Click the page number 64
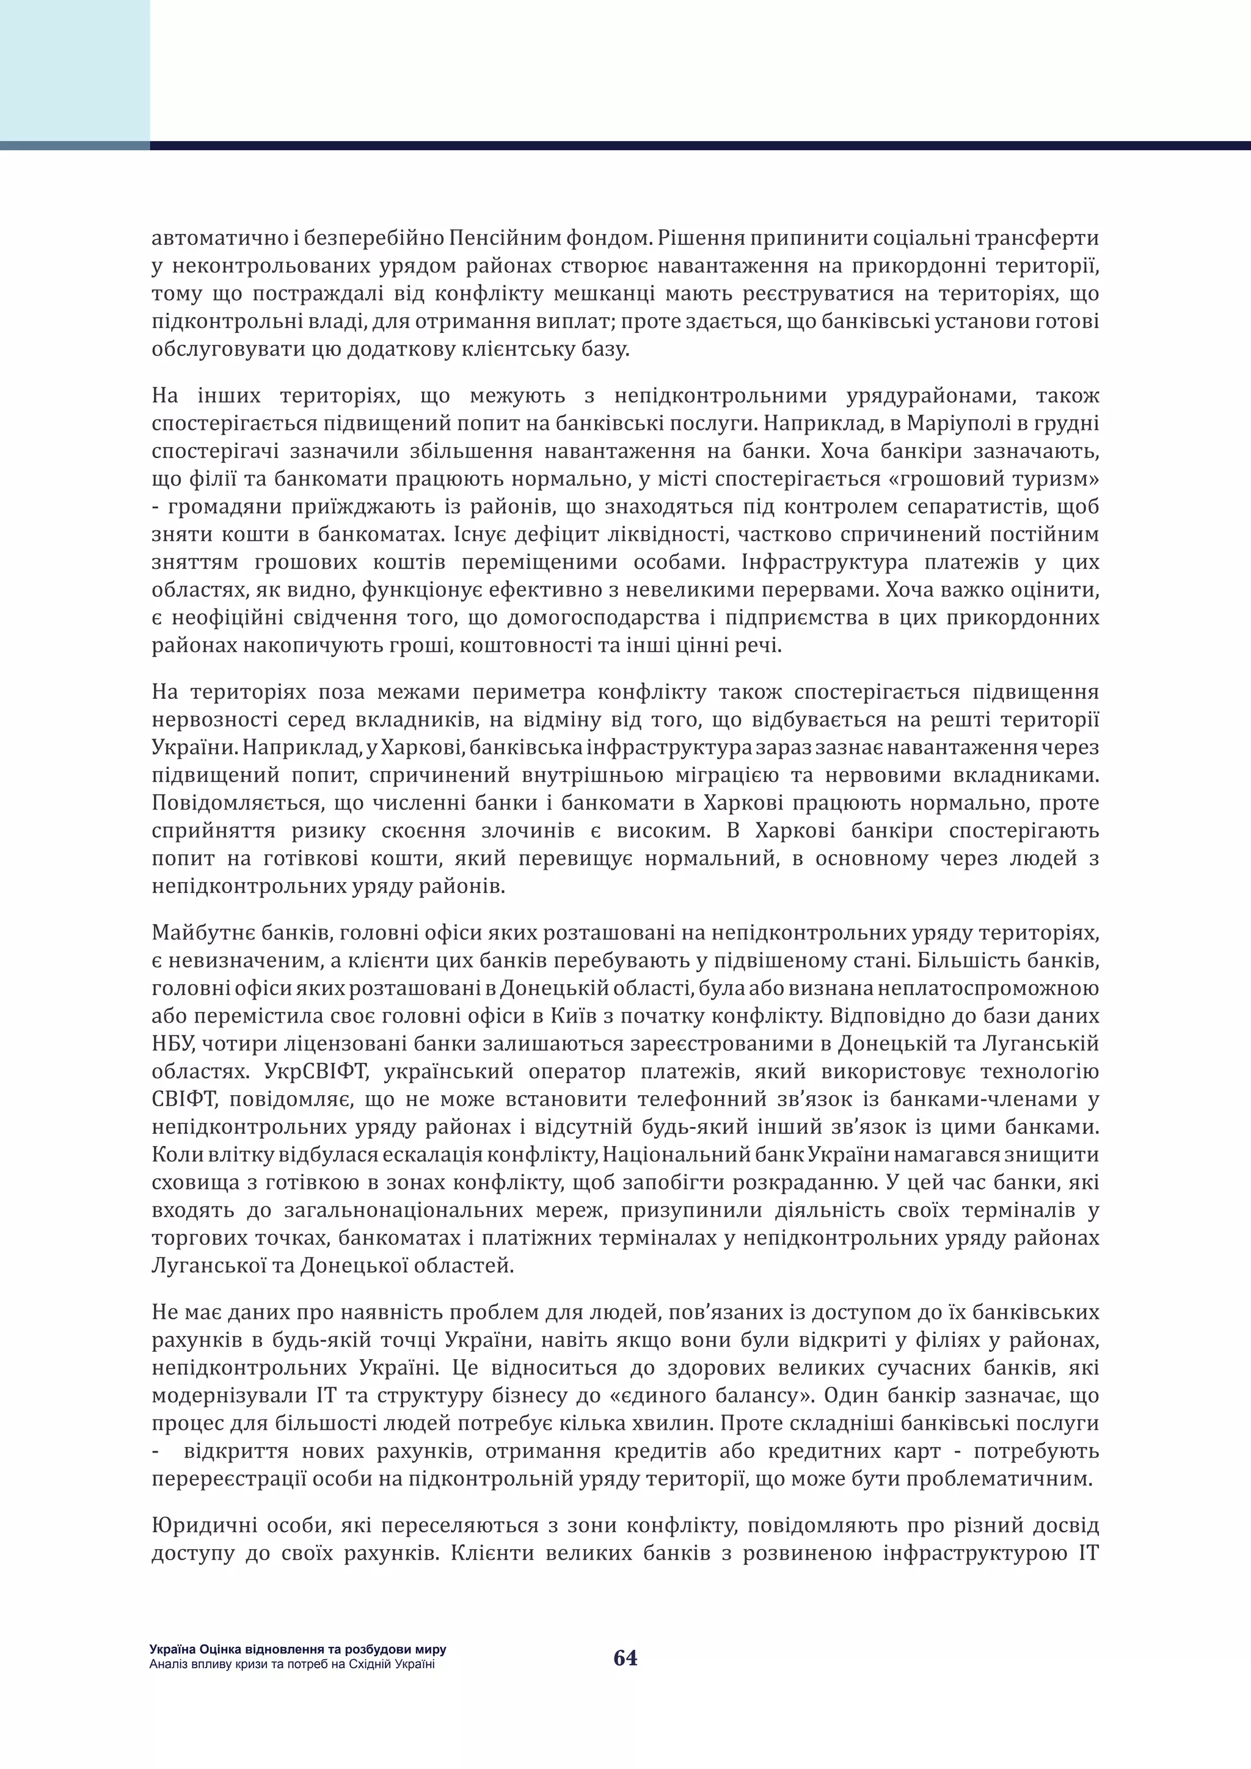tap(625, 1658)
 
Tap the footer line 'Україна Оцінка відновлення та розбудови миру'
tap(298, 1649)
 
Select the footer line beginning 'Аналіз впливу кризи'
tap(292, 1664)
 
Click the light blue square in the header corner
tap(75, 70)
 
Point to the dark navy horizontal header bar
tap(699, 145)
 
